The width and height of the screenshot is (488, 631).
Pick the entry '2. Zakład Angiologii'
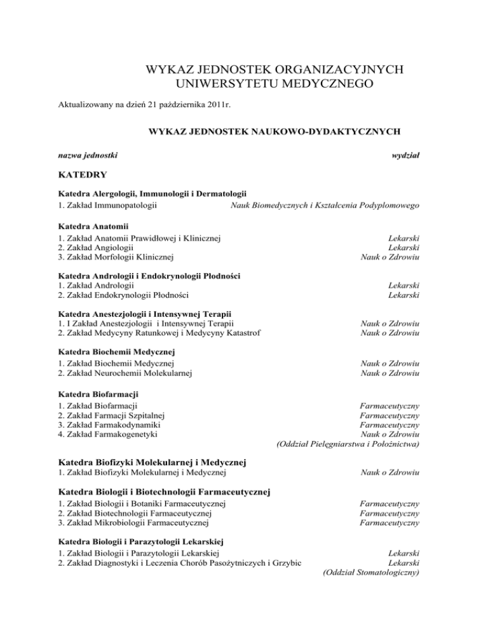pyautogui.click(x=95, y=248)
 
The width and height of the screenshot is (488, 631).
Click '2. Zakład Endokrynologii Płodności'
pyautogui.click(x=123, y=294)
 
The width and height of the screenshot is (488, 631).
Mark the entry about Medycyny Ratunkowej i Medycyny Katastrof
pyautogui.click(x=158, y=335)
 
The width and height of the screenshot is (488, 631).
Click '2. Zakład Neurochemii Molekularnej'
pyautogui.click(x=125, y=373)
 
